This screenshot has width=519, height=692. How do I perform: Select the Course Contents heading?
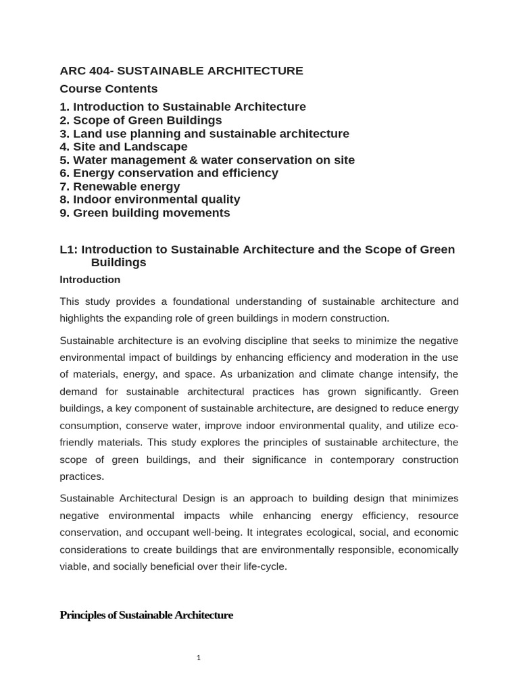tap(108, 89)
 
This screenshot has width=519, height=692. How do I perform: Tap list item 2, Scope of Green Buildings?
tap(141, 120)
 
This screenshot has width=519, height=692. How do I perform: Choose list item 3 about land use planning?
tap(204, 134)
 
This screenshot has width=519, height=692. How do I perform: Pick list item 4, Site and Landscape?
tap(124, 147)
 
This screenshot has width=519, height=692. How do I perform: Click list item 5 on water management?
tap(207, 160)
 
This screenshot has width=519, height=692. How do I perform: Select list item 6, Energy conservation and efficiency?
tap(169, 173)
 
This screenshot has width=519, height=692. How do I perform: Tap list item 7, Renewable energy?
tap(120, 187)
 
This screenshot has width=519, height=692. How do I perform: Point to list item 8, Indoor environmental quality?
tap(150, 199)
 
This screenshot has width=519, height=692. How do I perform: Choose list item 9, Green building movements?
tap(145, 213)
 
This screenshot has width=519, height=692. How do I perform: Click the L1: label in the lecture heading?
tap(69, 249)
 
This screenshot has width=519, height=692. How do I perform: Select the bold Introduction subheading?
tap(90, 280)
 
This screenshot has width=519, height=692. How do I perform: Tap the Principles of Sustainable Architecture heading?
tap(146, 615)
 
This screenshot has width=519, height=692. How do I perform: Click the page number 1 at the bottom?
tap(199, 658)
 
